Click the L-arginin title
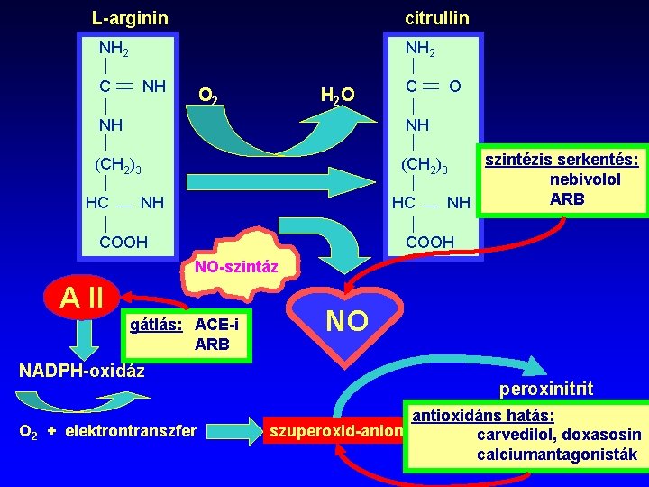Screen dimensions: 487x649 tap(130, 17)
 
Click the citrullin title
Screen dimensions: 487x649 tap(436, 17)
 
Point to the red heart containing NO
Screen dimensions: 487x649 tap(345, 320)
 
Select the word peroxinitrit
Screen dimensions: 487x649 tap(546, 389)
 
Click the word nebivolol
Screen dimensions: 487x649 tap(586, 179)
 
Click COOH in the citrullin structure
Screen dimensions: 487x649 tap(430, 242)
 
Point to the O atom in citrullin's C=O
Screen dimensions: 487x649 tap(456, 87)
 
